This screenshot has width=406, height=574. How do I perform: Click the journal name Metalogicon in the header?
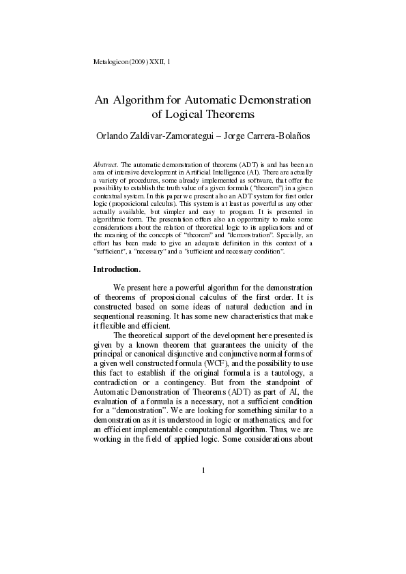tap(109, 62)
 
